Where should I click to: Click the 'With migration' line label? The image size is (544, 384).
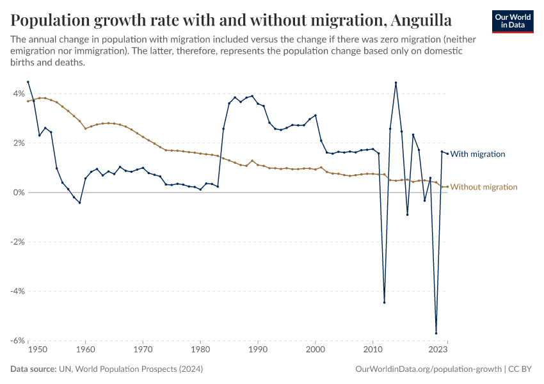[478, 154]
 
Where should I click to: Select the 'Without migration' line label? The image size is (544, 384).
[484, 187]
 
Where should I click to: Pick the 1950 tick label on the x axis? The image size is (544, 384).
[37, 350]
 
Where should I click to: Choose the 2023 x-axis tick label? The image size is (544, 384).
[438, 350]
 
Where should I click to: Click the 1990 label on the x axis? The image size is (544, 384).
[258, 350]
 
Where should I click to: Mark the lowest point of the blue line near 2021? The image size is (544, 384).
[436, 333]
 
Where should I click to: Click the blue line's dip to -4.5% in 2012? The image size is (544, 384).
[385, 302]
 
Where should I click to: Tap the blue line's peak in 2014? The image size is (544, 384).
[396, 83]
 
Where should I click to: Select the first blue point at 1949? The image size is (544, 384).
[28, 82]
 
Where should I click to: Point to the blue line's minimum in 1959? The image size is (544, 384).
[80, 202]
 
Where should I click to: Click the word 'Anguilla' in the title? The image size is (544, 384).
[417, 20]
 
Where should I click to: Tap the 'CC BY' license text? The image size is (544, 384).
[522, 369]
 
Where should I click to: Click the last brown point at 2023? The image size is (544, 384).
[447, 187]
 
